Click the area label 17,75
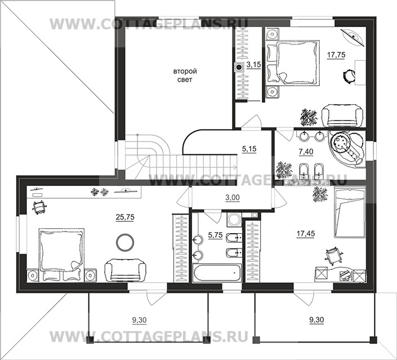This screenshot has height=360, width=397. click(x=336, y=55)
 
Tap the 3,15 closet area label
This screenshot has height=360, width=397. click(x=254, y=65)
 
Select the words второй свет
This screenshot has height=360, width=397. click(x=185, y=75)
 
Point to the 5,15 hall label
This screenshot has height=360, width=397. click(x=249, y=149)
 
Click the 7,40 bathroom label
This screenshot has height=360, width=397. click(x=306, y=152)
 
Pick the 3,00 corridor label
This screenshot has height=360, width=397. click(x=233, y=197)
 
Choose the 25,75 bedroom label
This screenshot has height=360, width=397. click(x=125, y=217)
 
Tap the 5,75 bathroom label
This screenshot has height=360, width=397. click(x=215, y=235)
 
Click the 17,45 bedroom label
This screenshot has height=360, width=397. click(x=306, y=233)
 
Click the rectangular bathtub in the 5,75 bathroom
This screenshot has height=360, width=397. click(x=217, y=273)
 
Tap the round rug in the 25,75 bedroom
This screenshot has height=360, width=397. click(x=125, y=242)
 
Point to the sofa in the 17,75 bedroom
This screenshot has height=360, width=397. click(x=342, y=115)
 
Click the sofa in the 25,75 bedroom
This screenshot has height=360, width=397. click(x=125, y=270)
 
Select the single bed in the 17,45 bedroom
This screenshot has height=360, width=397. click(x=349, y=212)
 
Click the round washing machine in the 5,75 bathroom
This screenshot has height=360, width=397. click(x=234, y=219)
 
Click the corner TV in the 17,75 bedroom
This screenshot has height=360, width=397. click(x=353, y=38)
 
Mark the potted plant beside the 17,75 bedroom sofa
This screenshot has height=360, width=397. click(x=309, y=117)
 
